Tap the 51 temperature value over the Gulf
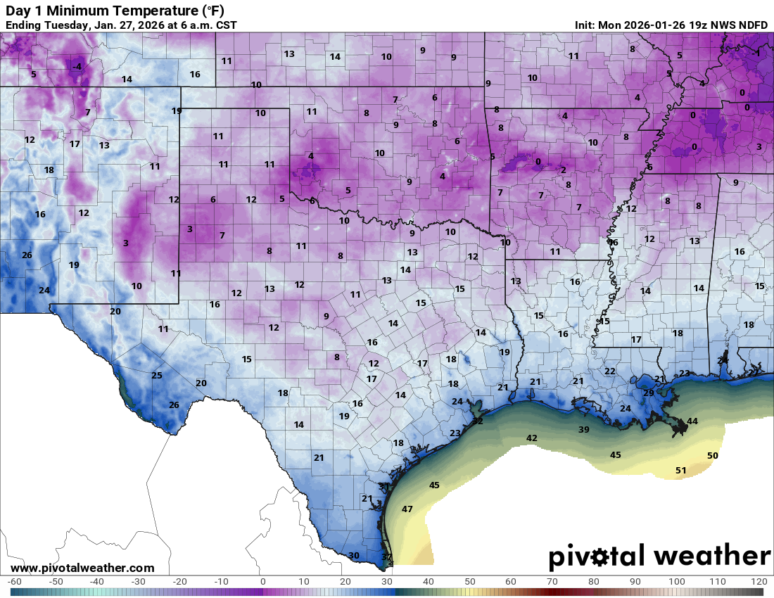coord(680,471)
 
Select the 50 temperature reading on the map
coord(712,456)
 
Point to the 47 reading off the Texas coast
coord(407,509)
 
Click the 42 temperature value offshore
coord(532,438)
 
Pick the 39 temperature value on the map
coord(583,430)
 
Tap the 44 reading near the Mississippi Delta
coord(692,421)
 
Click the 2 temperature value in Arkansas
coord(563,170)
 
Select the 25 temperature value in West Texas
coord(157,376)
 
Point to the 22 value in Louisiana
coord(610,371)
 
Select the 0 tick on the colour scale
coord(262,582)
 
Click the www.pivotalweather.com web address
coord(82,568)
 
